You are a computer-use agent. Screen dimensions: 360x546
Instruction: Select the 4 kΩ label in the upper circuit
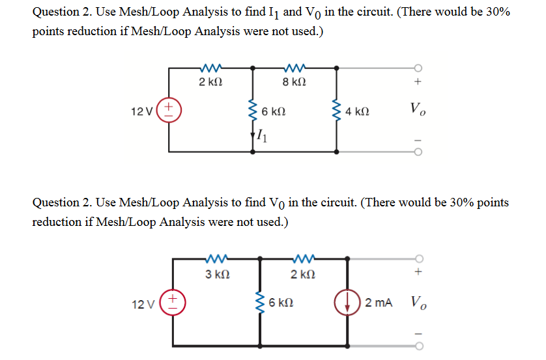tap(358, 111)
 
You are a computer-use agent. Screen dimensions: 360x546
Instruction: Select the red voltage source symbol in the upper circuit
tap(169, 108)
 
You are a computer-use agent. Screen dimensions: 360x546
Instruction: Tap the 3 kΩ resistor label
tap(216, 275)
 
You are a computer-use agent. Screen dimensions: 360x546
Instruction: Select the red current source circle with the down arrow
tap(346, 303)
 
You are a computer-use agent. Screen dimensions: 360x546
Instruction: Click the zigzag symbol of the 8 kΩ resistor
tap(295, 67)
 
